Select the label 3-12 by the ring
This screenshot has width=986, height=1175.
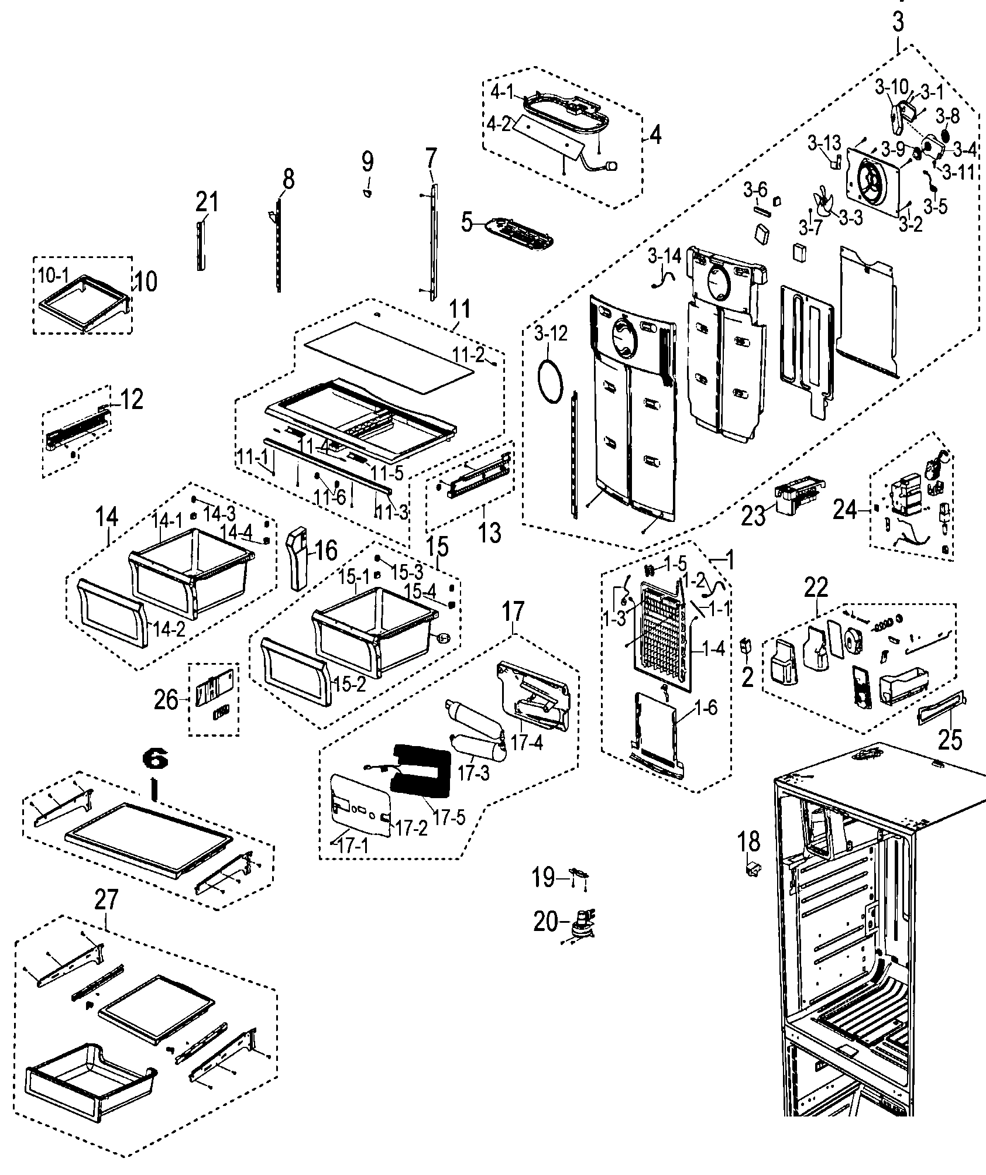tap(551, 334)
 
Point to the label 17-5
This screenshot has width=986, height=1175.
tap(449, 817)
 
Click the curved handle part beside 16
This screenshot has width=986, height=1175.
tap(300, 556)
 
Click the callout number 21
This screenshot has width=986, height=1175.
tap(207, 202)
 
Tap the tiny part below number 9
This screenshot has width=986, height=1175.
tap(367, 193)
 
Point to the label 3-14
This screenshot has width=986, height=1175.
tap(664, 256)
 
